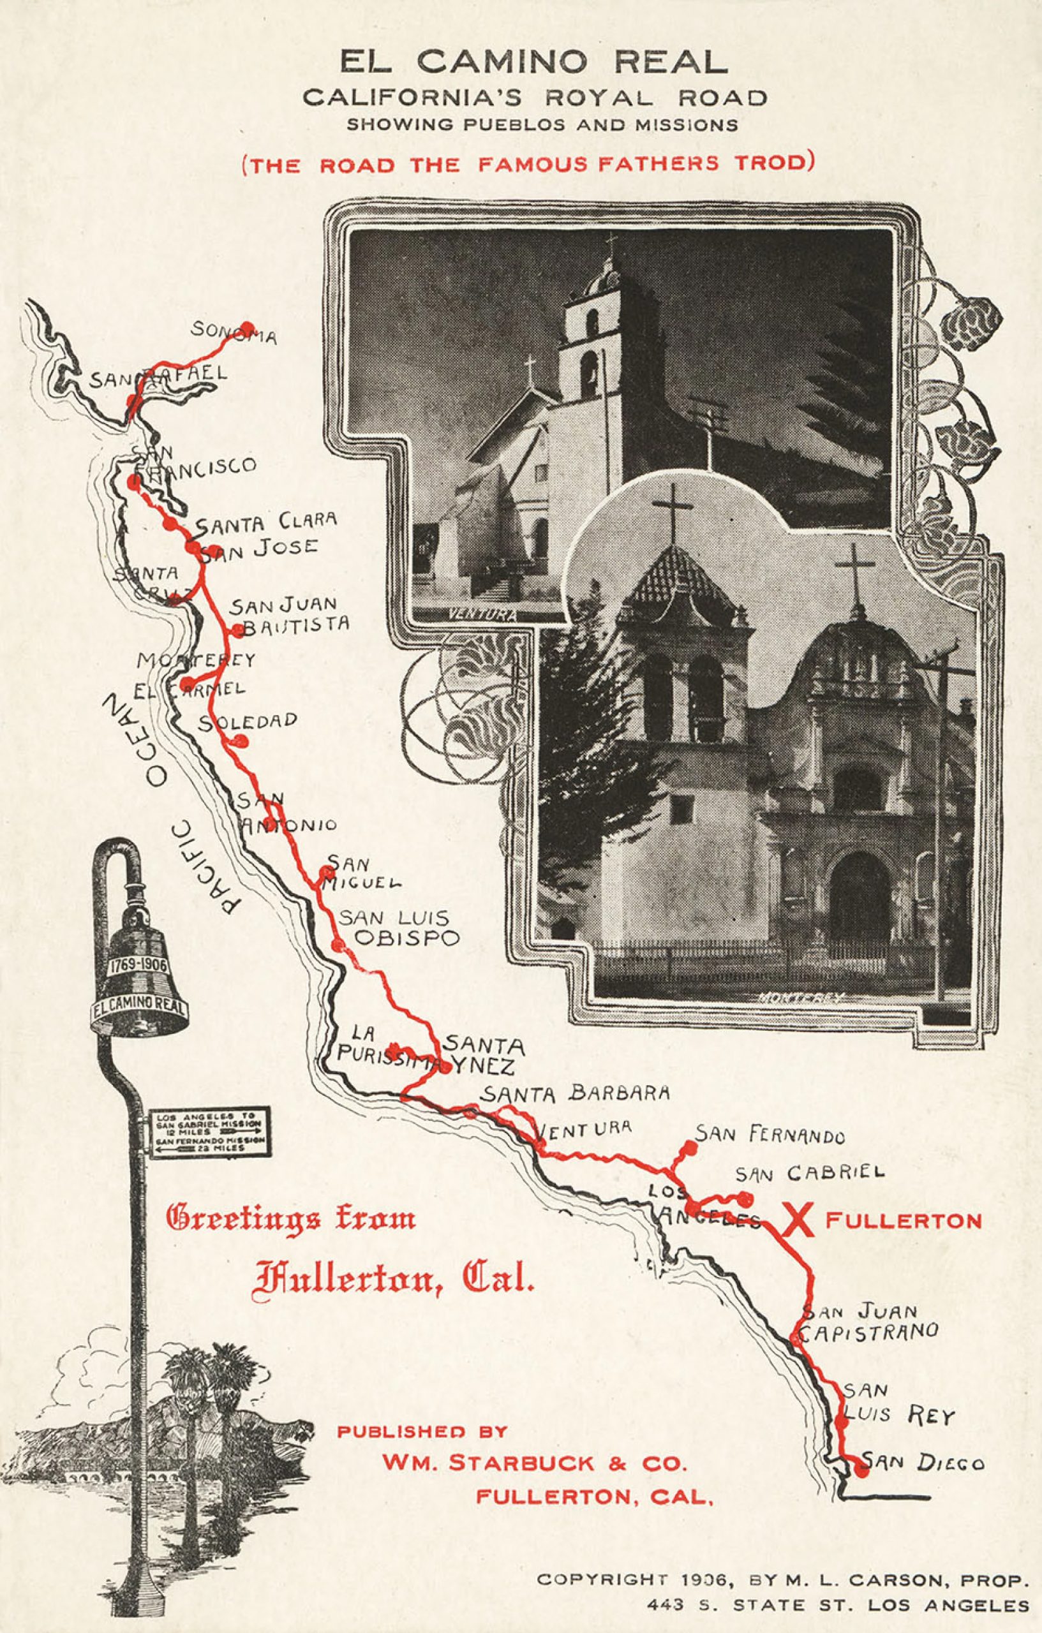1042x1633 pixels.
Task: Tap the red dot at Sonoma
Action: [248, 326]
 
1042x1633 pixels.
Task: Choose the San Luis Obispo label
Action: [399, 928]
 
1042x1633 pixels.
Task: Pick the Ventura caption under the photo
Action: [482, 615]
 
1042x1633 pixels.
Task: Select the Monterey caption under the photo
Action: [801, 998]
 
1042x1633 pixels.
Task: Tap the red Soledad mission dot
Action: [240, 741]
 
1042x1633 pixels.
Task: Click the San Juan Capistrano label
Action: [869, 1322]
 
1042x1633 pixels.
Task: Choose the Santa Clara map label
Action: [266, 523]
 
